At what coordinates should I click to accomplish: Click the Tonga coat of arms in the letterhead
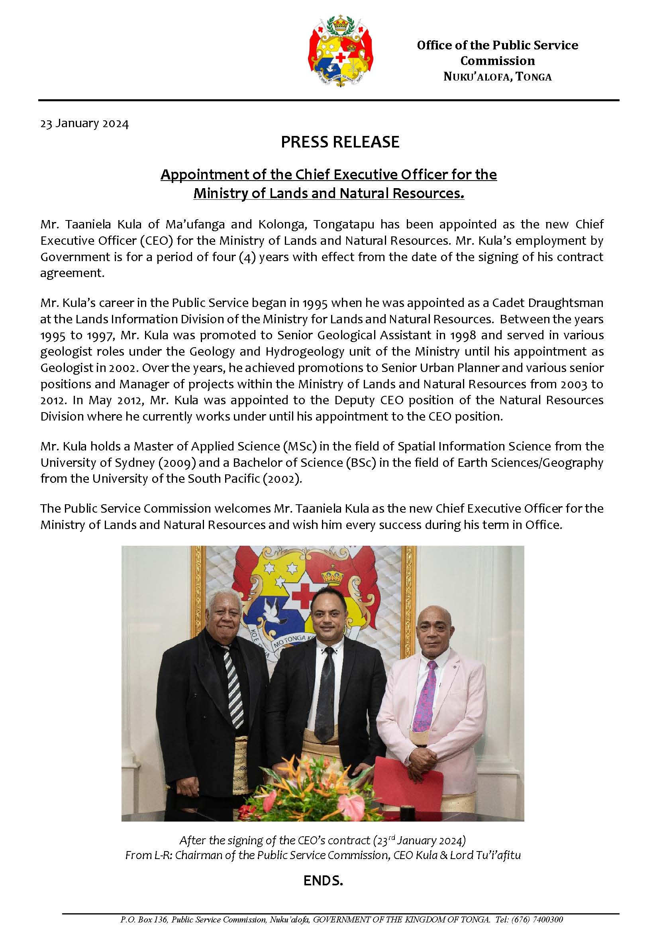[341, 50]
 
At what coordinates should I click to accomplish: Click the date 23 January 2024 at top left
[84, 124]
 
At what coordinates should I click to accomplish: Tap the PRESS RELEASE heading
[340, 142]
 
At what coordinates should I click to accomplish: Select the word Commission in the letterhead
[498, 61]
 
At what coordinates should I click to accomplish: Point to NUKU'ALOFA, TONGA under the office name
[498, 77]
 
